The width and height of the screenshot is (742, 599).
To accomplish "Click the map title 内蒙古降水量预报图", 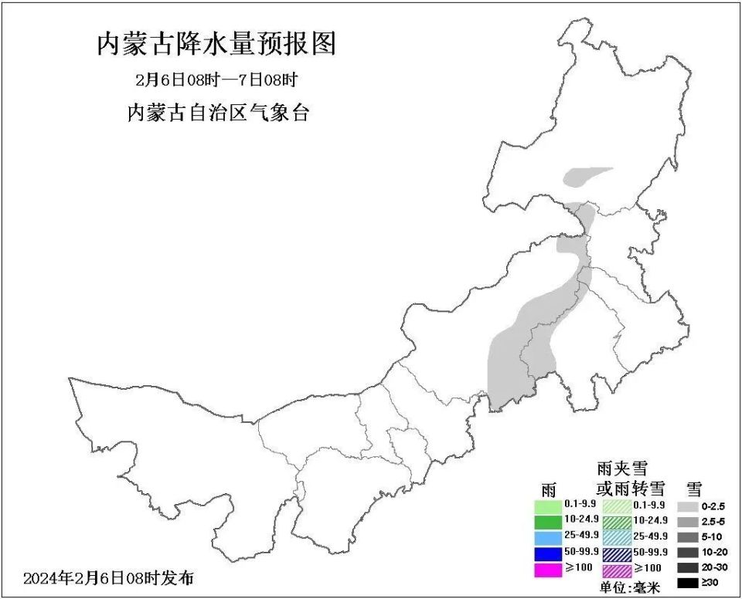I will [x=216, y=44].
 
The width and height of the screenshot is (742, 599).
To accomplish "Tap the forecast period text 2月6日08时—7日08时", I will [x=216, y=80].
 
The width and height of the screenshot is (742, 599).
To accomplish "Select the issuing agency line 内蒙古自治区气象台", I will [x=218, y=113].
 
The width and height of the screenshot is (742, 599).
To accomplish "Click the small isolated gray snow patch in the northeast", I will [x=587, y=178].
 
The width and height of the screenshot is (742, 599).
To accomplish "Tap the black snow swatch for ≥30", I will [x=688, y=584].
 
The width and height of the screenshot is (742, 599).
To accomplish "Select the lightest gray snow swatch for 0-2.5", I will [x=688, y=506].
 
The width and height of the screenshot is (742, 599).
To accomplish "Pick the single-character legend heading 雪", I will [x=694, y=488].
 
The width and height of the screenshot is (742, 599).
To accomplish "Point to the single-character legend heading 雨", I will [x=549, y=489].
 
